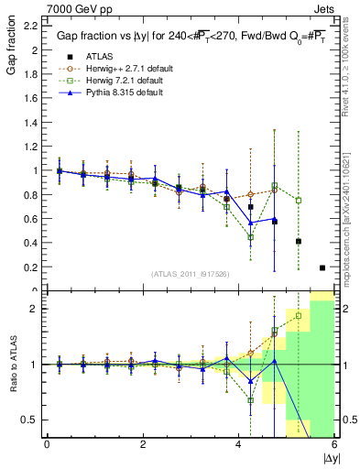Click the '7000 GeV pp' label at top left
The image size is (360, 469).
click(38, 8)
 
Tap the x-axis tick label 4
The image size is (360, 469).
click(238, 444)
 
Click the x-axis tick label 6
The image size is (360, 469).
click(333, 444)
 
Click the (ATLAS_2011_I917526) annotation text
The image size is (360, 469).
click(190, 273)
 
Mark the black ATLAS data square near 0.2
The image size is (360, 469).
click(322, 267)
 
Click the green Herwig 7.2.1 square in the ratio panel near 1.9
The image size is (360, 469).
click(298, 316)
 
